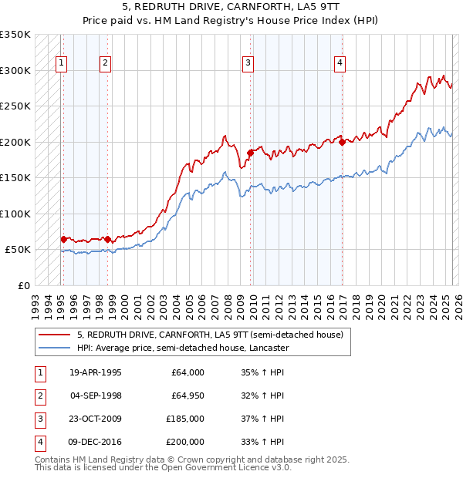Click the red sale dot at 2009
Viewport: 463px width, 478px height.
250,153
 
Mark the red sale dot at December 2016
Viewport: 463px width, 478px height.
342,142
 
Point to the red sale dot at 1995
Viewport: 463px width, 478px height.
63,239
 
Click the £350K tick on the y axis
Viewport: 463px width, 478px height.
15,35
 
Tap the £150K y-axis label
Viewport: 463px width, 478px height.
15,178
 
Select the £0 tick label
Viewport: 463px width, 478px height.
25,286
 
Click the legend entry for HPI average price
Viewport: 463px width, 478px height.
182,348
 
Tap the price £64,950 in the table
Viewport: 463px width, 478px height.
188,396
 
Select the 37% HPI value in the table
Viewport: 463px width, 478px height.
262,419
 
